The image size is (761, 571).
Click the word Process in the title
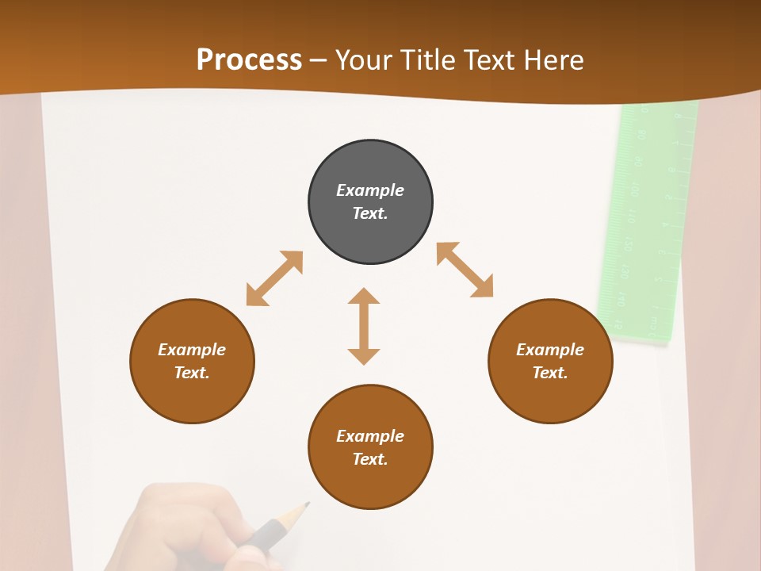click(249, 60)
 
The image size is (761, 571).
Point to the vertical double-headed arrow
click(364, 326)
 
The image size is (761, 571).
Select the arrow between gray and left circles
click(274, 278)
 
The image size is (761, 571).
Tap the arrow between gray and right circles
click(465, 270)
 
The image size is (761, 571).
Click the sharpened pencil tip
click(306, 504)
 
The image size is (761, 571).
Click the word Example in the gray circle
click(370, 190)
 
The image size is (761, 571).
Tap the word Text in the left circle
click(192, 373)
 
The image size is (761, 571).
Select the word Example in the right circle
click(550, 350)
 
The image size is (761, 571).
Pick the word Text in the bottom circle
click(370, 459)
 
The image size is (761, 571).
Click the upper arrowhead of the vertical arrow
click(364, 297)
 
